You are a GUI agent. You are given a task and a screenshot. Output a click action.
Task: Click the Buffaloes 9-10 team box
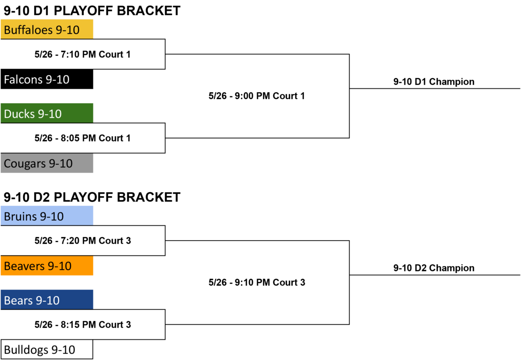point(47,30)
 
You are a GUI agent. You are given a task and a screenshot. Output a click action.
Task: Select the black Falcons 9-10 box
point(47,79)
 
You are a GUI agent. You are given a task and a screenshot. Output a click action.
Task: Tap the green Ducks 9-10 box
point(47,113)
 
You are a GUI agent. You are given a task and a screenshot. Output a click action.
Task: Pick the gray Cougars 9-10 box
point(47,163)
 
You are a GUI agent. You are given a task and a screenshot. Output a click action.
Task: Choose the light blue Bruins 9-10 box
point(47,216)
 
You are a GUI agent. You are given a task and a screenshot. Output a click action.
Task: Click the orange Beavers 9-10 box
point(47,265)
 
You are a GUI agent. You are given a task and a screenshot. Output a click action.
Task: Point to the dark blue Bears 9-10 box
point(47,300)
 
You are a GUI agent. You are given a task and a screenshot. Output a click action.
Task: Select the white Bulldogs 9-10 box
point(47,349)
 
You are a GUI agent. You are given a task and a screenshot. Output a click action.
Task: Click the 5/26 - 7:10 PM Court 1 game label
point(82,54)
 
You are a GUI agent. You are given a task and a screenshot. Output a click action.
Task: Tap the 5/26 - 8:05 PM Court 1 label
point(82,138)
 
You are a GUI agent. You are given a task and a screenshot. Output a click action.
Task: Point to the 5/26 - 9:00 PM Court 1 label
point(257,96)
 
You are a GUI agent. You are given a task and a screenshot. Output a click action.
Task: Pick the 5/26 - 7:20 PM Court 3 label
point(82,241)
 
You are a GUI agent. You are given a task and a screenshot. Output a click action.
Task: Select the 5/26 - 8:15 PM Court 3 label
point(82,325)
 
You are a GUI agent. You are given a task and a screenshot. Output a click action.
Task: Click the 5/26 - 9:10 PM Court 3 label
point(257,283)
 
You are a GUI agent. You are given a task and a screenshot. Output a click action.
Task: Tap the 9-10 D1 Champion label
point(434,82)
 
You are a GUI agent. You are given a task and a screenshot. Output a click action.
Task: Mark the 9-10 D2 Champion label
point(434,268)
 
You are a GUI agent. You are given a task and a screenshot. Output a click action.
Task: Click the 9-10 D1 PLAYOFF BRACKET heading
point(92,11)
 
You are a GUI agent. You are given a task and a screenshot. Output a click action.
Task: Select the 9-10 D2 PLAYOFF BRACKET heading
point(92,197)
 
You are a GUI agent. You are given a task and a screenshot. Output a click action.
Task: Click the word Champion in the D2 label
point(452,268)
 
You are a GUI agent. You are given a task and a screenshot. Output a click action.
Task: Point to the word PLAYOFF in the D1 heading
point(84,11)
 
